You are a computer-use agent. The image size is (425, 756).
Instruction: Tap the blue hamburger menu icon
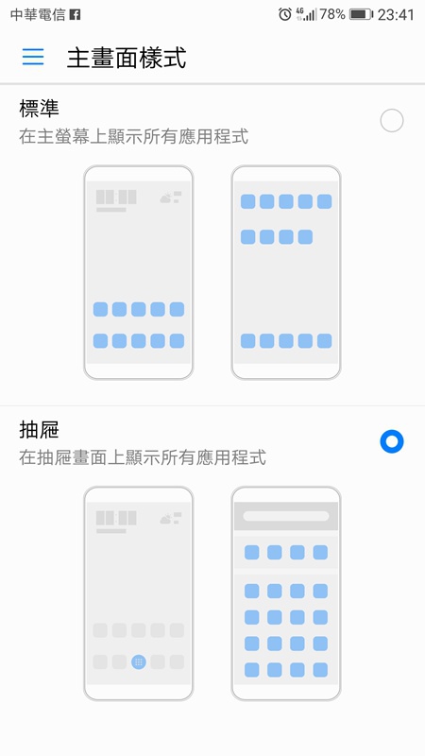click(33, 57)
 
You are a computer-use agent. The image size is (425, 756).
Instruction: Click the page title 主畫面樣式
click(127, 58)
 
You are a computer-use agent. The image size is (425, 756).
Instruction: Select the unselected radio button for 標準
click(391, 121)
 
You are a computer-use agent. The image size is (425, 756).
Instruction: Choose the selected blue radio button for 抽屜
click(391, 441)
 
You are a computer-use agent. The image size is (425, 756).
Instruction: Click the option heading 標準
click(39, 109)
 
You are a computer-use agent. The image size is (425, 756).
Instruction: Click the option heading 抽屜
click(39, 430)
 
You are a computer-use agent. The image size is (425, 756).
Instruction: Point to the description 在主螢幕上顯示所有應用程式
click(134, 137)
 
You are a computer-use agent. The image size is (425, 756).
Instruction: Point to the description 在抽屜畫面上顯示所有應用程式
click(143, 457)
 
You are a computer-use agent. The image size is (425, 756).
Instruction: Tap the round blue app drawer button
click(139, 662)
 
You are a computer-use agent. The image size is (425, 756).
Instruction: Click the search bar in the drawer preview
click(286, 516)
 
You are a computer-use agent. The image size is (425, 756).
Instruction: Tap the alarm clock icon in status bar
click(285, 14)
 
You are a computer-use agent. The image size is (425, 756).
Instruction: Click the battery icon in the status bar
click(361, 14)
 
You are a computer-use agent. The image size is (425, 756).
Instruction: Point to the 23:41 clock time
click(396, 15)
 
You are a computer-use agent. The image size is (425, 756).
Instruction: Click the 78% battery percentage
click(332, 14)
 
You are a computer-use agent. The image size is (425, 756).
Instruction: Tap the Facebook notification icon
click(75, 15)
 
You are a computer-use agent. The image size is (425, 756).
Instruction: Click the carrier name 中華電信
click(38, 15)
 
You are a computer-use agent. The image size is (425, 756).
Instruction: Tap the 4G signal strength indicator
click(306, 14)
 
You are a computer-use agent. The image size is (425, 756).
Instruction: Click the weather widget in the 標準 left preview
click(171, 198)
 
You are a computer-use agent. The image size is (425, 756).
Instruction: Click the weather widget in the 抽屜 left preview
click(171, 518)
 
